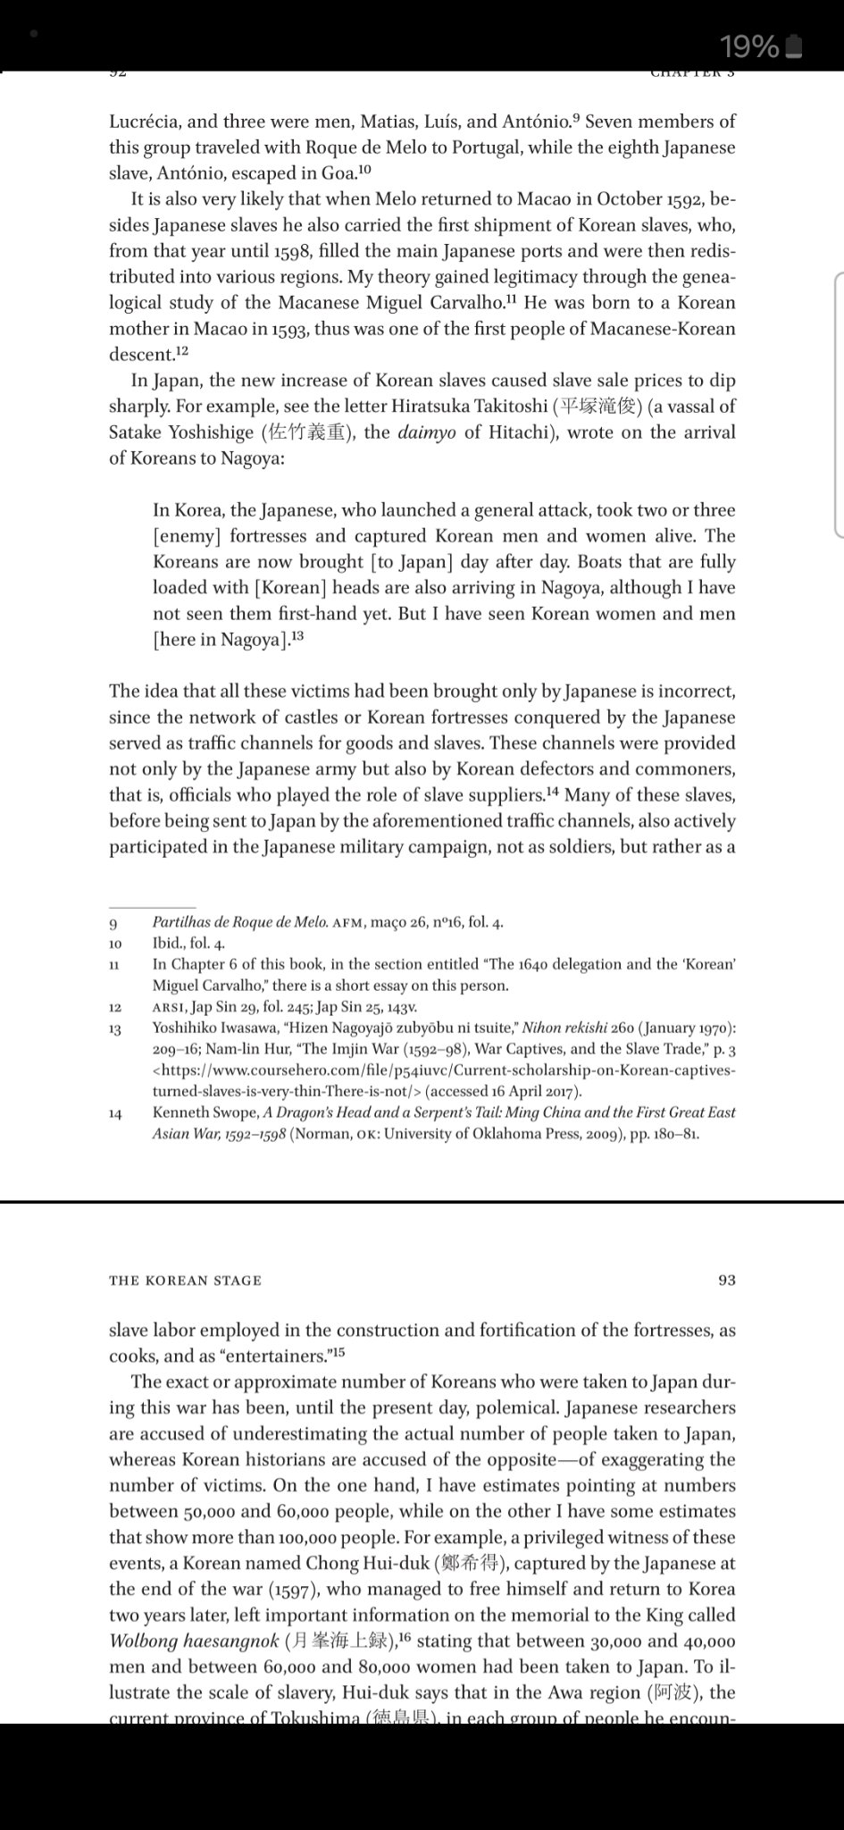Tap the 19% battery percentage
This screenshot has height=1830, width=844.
(748, 46)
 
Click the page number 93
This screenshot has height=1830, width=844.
(727, 1280)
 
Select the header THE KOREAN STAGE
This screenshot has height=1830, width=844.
(185, 1280)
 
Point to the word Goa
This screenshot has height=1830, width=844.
(338, 173)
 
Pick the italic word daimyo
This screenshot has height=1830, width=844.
(430, 432)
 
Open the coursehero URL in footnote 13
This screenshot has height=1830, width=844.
(444, 1080)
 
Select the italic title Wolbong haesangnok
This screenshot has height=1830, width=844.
(193, 1641)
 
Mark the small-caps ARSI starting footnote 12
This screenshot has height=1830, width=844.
(170, 1007)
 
